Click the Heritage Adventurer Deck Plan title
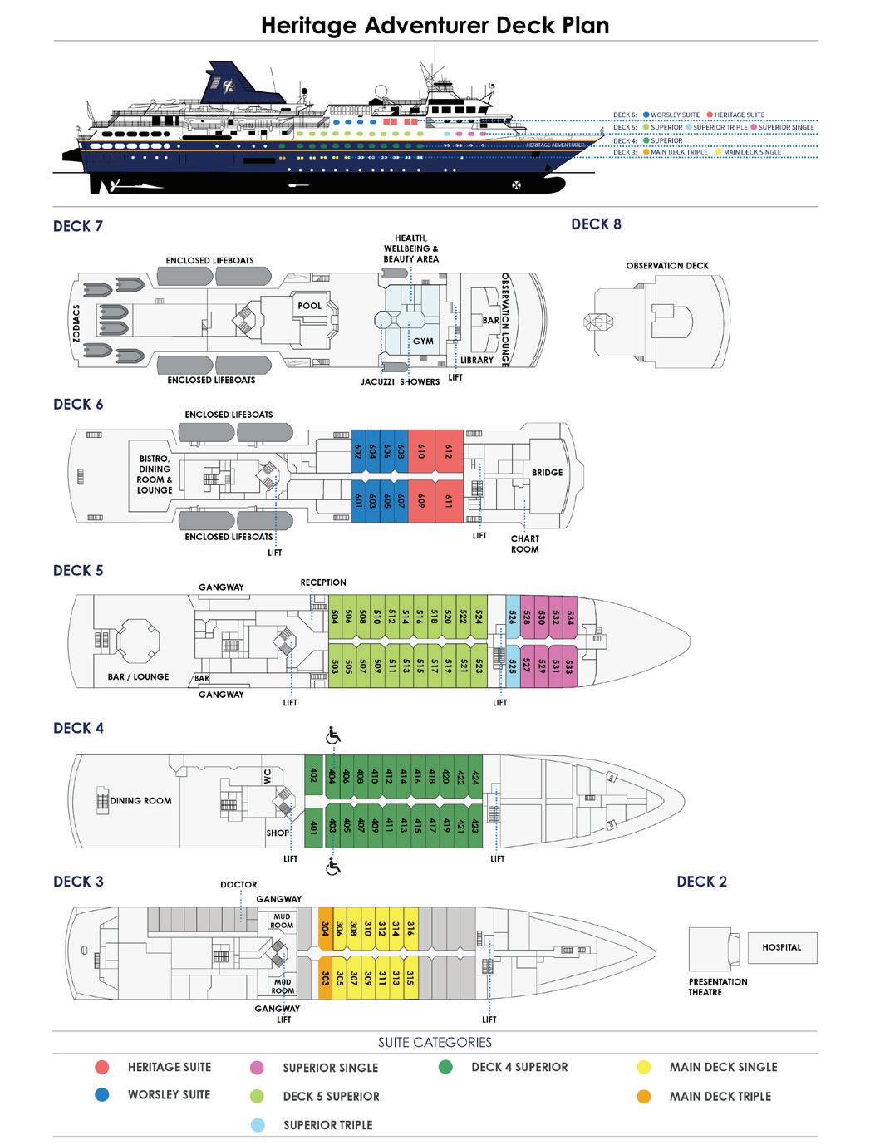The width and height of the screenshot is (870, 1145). [x=435, y=25]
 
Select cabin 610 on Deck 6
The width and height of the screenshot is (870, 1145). [x=421, y=451]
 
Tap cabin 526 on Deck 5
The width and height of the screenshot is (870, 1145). [x=513, y=617]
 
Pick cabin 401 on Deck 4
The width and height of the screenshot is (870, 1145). [x=313, y=827]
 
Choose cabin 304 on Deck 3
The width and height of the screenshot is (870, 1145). [x=326, y=928]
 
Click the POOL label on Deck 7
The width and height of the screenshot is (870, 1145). [x=309, y=306]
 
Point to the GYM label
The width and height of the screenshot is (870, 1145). [x=423, y=342]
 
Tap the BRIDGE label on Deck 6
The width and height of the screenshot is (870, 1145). [x=547, y=472]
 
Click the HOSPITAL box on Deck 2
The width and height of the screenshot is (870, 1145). [x=781, y=947]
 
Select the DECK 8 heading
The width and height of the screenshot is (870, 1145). [x=596, y=224]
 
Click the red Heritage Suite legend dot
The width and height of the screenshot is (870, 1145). [x=102, y=1067]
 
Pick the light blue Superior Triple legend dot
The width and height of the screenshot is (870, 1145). [x=258, y=1125]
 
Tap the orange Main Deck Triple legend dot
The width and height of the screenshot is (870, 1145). [x=643, y=1096]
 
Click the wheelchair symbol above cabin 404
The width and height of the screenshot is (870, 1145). [x=333, y=735]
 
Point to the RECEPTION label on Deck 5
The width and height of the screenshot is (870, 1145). [x=323, y=582]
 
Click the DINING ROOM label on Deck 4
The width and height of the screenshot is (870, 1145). [x=140, y=801]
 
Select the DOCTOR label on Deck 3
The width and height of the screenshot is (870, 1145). [x=238, y=885]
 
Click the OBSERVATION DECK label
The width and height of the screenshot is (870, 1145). [x=667, y=266]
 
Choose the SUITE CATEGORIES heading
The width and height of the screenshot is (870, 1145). [x=435, y=1042]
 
